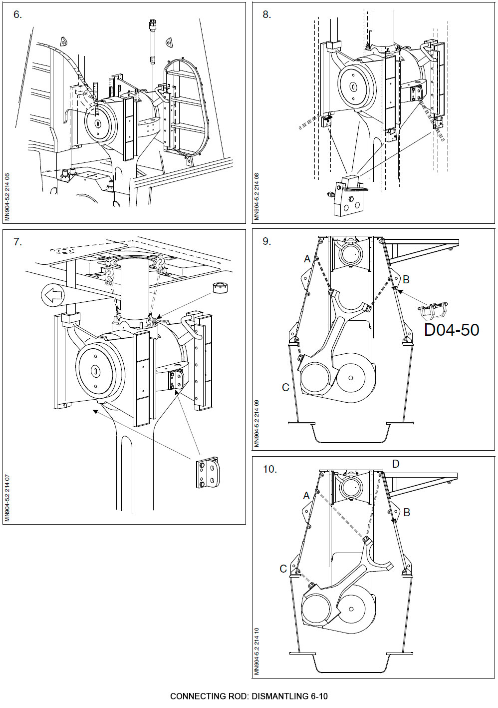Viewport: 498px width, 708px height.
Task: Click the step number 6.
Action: click(x=17, y=15)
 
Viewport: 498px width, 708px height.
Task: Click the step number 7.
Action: click(x=17, y=242)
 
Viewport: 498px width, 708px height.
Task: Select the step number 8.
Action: click(x=267, y=15)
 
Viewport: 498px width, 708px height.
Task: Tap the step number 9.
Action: click(x=267, y=242)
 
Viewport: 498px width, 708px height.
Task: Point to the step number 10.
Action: click(x=269, y=469)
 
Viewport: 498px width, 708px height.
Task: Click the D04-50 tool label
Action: click(x=452, y=330)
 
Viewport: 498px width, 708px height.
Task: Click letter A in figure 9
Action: click(x=307, y=259)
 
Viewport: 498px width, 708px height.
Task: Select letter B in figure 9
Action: click(x=406, y=279)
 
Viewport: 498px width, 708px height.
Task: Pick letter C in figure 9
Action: click(x=285, y=387)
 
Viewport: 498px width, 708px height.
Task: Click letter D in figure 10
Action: click(x=396, y=464)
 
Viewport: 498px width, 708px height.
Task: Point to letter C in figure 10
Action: click(x=283, y=569)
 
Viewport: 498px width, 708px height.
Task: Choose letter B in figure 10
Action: click(x=407, y=512)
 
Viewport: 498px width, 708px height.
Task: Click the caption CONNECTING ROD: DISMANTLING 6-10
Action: click(x=249, y=696)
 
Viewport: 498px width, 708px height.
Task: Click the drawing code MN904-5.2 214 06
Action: click(x=7, y=197)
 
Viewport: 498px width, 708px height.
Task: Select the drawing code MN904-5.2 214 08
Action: click(x=257, y=197)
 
